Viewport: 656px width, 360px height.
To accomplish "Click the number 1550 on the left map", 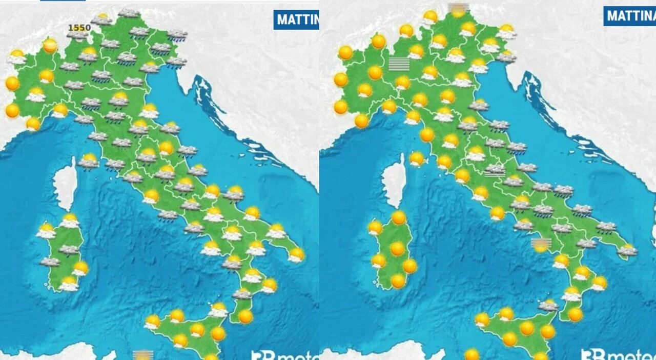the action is (x=79, y=27).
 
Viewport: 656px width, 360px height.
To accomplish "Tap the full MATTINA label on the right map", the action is (x=629, y=16).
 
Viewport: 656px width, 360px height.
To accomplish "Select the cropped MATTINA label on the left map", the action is (x=296, y=19).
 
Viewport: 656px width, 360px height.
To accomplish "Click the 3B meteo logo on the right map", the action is (x=618, y=354).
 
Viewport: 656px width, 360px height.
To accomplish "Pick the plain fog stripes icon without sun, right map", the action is (x=399, y=64).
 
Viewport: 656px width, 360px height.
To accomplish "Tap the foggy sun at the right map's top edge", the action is (x=457, y=9).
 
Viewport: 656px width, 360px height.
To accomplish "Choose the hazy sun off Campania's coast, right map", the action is (x=541, y=244).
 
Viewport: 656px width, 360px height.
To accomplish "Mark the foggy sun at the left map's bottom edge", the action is (x=142, y=354).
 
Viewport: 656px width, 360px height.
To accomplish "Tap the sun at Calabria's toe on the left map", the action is (x=245, y=316).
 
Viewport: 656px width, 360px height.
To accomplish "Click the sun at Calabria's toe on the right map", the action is (x=575, y=314).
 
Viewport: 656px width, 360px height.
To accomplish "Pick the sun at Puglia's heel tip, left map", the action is (x=296, y=254).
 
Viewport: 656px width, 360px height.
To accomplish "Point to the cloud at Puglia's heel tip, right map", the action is (x=627, y=250).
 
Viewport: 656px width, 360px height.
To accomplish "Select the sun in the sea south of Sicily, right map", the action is (x=472, y=354).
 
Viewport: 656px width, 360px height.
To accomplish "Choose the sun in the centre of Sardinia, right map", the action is (x=397, y=249).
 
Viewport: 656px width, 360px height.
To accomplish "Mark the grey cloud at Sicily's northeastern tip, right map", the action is (x=548, y=306).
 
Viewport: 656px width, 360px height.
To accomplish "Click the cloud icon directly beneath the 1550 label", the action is (x=77, y=35).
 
